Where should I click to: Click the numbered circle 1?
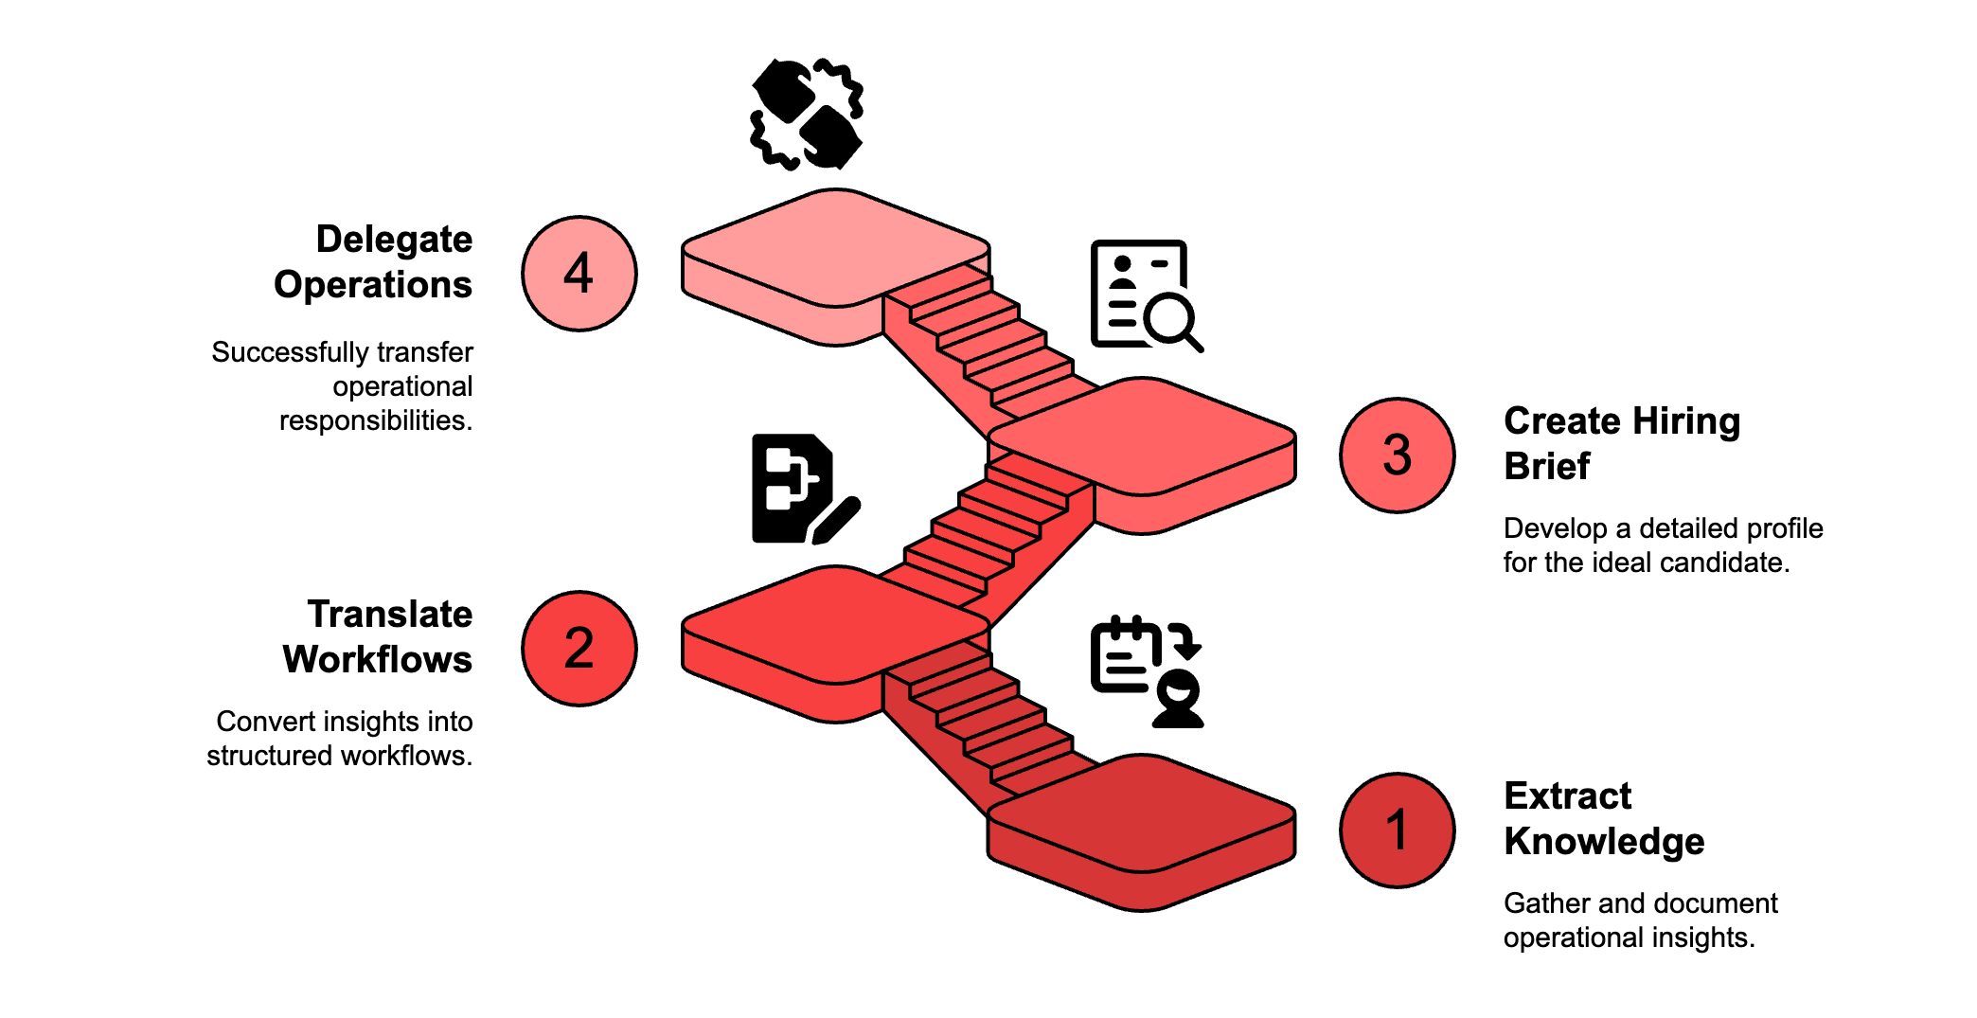pos(1397,830)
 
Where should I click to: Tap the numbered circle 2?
pos(579,649)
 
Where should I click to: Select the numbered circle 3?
pos(1397,455)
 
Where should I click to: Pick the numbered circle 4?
pos(579,274)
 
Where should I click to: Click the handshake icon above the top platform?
pos(806,115)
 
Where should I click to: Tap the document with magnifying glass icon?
pos(1145,295)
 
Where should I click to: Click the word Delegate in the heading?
pos(394,240)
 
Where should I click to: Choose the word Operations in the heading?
pos(373,285)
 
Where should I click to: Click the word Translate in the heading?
pos(389,615)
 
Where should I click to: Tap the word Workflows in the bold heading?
pos(377,660)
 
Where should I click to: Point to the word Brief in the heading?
pos(1546,467)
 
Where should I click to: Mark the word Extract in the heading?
pos(1567,796)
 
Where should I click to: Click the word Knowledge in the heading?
pos(1604,842)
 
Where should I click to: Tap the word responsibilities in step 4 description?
pos(375,420)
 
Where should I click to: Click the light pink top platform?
pos(835,248)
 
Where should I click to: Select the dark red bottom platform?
pos(1142,814)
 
